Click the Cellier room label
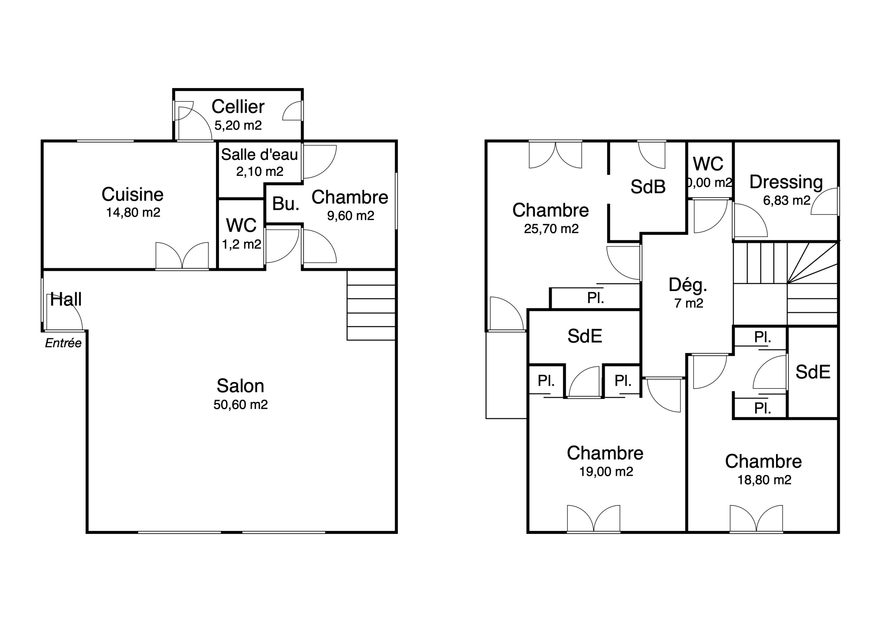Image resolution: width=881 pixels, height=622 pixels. point(238,107)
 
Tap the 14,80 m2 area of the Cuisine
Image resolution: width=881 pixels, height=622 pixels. point(133,212)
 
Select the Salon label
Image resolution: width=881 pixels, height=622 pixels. point(240,386)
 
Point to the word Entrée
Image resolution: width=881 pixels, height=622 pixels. point(63,343)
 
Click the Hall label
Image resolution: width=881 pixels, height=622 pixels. point(66,300)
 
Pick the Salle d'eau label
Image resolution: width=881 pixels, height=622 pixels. point(259,155)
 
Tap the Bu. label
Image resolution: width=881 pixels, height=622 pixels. point(286,204)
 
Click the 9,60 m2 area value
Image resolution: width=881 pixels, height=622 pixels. point(351,216)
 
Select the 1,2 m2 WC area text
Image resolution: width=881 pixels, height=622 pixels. point(241,245)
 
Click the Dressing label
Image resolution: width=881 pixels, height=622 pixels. point(786,182)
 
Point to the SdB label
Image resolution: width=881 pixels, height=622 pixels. point(648,187)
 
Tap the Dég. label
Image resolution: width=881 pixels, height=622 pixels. point(688,285)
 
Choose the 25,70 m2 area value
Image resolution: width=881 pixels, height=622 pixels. point(551,229)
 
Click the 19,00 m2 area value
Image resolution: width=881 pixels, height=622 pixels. point(606,472)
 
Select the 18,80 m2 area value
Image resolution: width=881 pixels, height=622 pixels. point(764,480)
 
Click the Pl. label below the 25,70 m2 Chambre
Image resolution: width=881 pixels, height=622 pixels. point(596,298)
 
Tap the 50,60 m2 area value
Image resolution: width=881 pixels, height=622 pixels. point(240,405)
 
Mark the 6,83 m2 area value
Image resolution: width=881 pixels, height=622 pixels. point(787,200)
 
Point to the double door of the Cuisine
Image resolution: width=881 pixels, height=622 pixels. point(182,255)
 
